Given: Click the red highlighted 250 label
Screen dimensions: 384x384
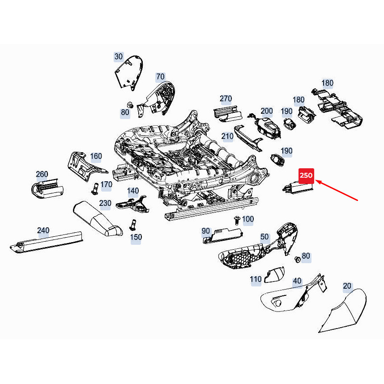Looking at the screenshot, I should click(307, 175).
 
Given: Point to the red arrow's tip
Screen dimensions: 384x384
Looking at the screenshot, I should click(316, 181).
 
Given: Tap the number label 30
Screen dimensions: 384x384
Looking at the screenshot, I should click(119, 56).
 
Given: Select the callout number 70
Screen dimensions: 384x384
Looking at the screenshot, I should click(160, 77).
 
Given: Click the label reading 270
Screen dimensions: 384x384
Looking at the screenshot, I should click(226, 98).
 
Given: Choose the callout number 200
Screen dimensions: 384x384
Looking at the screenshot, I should click(266, 111).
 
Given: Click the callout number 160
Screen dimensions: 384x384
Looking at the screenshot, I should click(96, 156).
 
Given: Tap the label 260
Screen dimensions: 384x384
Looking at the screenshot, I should click(42, 174).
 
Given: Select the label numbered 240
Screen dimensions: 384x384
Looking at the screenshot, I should click(43, 230).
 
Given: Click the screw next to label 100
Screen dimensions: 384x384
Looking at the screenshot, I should click(236, 219).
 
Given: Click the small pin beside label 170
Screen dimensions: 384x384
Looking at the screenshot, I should click(95, 188).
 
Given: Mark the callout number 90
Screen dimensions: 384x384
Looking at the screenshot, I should click(205, 231).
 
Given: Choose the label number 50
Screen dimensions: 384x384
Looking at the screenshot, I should click(264, 236).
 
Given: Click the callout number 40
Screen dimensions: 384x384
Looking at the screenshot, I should click(297, 281).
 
